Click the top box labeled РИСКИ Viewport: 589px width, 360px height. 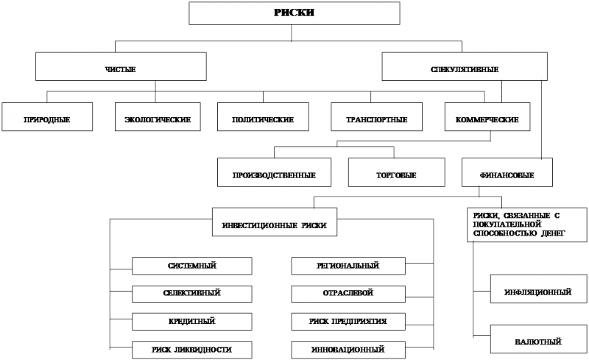point(294,13)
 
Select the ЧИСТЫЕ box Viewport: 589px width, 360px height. point(121,66)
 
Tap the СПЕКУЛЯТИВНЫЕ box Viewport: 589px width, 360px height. point(465,66)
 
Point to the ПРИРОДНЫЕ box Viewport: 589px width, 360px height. point(47,117)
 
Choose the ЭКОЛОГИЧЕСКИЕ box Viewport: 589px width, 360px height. point(158,117)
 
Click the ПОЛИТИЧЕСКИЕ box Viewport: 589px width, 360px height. point(263,117)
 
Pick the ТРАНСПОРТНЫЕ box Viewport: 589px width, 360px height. point(376,117)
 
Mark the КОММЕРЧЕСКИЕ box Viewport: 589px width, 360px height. point(487,117)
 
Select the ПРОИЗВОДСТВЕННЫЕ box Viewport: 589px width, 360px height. point(274,172)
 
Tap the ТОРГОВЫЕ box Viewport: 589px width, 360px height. point(397,172)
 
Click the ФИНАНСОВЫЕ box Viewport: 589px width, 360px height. point(507,172)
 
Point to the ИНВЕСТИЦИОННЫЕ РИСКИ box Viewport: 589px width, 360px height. point(275,222)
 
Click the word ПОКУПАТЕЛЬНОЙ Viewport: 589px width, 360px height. point(507,225)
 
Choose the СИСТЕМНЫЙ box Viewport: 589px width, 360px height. point(192,266)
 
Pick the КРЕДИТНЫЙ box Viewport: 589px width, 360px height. point(192,322)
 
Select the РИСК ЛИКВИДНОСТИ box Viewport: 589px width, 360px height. point(192,350)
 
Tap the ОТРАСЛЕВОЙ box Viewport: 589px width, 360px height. point(348,294)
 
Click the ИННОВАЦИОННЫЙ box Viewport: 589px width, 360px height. point(348,350)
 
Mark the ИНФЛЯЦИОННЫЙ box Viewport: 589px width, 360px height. point(538,289)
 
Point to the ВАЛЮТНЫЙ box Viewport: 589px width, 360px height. point(538,339)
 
